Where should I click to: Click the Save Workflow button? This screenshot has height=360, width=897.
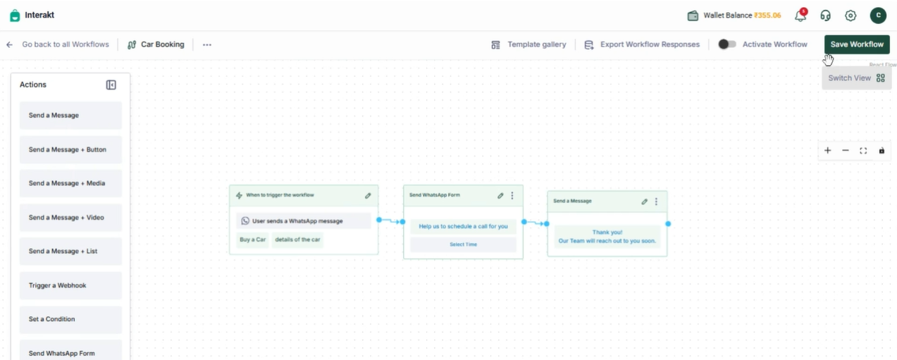click(857, 44)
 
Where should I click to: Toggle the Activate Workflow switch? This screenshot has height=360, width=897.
click(726, 44)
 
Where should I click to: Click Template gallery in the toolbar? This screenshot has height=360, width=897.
click(528, 44)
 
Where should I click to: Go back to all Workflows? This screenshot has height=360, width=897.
click(58, 44)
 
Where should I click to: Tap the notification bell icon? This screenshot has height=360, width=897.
click(800, 15)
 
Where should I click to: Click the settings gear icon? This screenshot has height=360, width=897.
click(850, 15)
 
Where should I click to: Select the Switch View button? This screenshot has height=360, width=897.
click(857, 78)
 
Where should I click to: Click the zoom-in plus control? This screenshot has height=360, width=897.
click(828, 151)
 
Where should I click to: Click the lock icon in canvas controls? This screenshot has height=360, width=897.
click(881, 151)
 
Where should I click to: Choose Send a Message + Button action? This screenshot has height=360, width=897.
click(71, 149)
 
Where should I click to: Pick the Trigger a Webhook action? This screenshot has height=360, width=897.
click(71, 285)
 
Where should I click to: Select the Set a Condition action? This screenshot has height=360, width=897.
click(71, 319)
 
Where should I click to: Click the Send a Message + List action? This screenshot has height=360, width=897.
click(71, 251)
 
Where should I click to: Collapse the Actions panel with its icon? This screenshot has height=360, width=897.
click(111, 85)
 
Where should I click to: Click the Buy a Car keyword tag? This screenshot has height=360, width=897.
click(253, 240)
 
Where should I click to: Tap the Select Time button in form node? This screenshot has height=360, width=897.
click(464, 244)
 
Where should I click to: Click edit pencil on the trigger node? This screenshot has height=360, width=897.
click(368, 196)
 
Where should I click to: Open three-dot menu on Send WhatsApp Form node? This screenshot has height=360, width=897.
click(512, 195)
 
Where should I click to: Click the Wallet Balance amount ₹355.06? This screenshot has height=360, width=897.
click(767, 15)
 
